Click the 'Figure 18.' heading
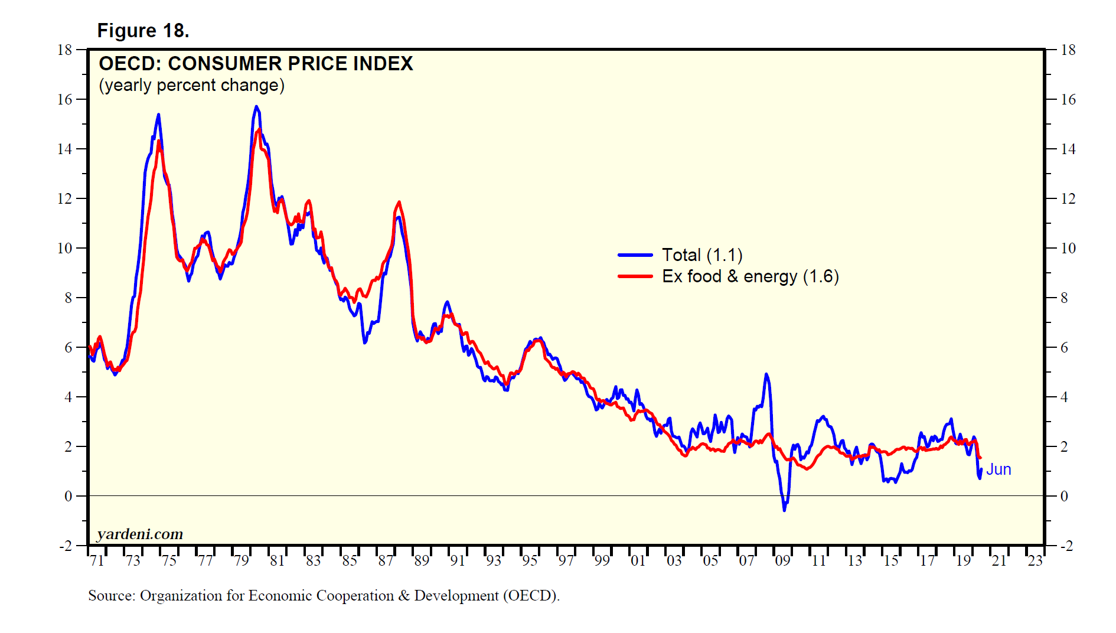pos(143,31)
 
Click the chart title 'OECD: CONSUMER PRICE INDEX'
pos(256,64)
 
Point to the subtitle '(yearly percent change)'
pos(191,86)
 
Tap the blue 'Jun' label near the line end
pos(998,469)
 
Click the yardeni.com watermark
pos(140,534)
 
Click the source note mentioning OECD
pos(324,596)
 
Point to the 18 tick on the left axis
pos(64,50)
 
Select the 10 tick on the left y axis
pos(64,249)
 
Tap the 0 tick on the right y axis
pos(1064,497)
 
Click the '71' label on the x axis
pos(97,561)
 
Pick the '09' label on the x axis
pos(782,561)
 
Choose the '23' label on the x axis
pos(1035,561)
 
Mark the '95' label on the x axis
pos(530,561)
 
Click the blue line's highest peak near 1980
pos(256,107)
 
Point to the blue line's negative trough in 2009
pos(784,510)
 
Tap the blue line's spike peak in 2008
pos(766,374)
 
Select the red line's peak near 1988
pos(399,203)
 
